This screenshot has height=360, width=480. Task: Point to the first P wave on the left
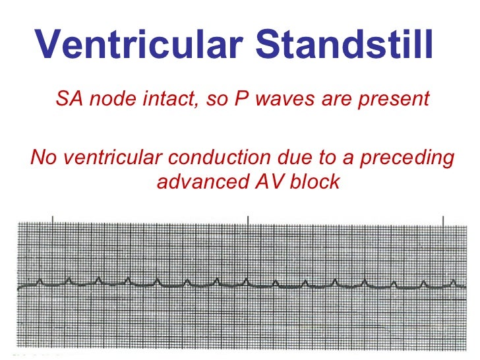coord(40,282)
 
